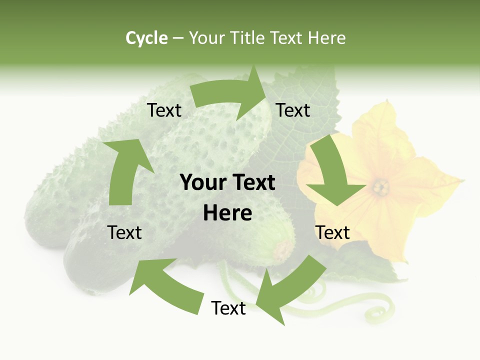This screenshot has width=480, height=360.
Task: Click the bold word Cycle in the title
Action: pos(146,38)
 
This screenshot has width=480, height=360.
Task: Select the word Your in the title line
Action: pos(207,38)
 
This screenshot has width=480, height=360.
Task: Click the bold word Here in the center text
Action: pos(227,213)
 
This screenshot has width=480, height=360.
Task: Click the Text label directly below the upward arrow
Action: pos(125,232)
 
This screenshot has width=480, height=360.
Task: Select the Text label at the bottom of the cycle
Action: pos(228,308)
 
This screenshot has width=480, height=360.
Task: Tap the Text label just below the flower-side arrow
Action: pos(332,232)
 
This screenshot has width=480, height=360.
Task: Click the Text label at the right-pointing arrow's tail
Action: pos(164,110)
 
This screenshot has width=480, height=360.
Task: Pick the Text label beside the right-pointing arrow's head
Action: pos(293,110)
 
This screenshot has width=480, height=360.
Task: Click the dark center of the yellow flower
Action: pos(381,187)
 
